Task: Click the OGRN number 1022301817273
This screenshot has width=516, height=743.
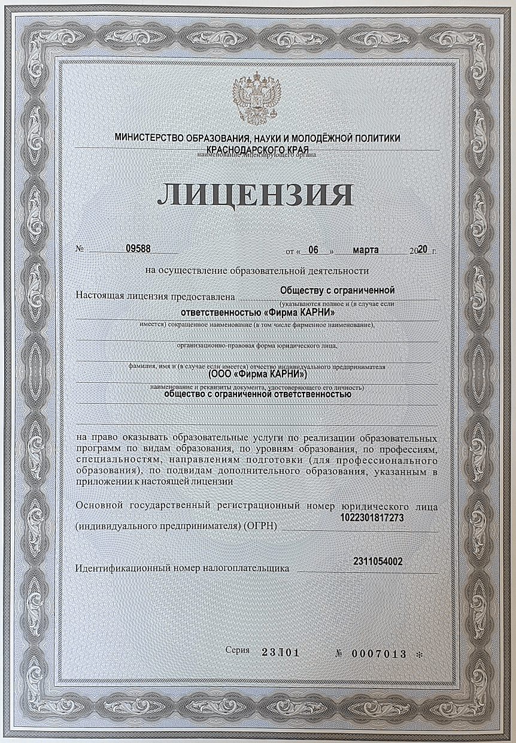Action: [x=371, y=517]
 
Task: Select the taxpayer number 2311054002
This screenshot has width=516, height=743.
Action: [x=378, y=561]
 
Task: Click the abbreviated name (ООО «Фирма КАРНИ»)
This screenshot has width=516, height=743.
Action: [x=257, y=374]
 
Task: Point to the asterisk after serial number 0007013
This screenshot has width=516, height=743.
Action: [x=418, y=654]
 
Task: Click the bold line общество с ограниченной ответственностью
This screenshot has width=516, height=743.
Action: [x=257, y=394]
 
